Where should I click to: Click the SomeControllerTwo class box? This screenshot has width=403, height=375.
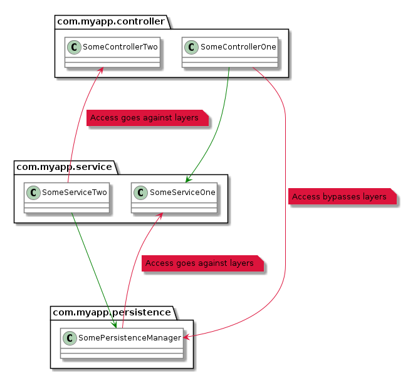coord(112,52)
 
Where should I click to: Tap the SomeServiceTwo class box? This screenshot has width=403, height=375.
coord(67,197)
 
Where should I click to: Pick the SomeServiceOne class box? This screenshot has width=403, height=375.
coord(174,197)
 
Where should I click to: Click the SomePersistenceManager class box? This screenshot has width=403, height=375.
coord(122,342)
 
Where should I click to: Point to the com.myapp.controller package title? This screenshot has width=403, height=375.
coord(111,22)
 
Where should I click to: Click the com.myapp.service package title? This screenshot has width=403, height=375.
coord(63,167)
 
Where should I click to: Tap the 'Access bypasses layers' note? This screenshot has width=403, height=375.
coord(339,197)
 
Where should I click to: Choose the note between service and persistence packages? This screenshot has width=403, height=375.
coord(199,263)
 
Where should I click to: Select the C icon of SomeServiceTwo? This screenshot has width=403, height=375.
coord(33,191)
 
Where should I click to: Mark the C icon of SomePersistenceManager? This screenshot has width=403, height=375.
coord(70,337)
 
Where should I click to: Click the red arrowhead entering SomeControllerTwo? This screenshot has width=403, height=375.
coord(102,70)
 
